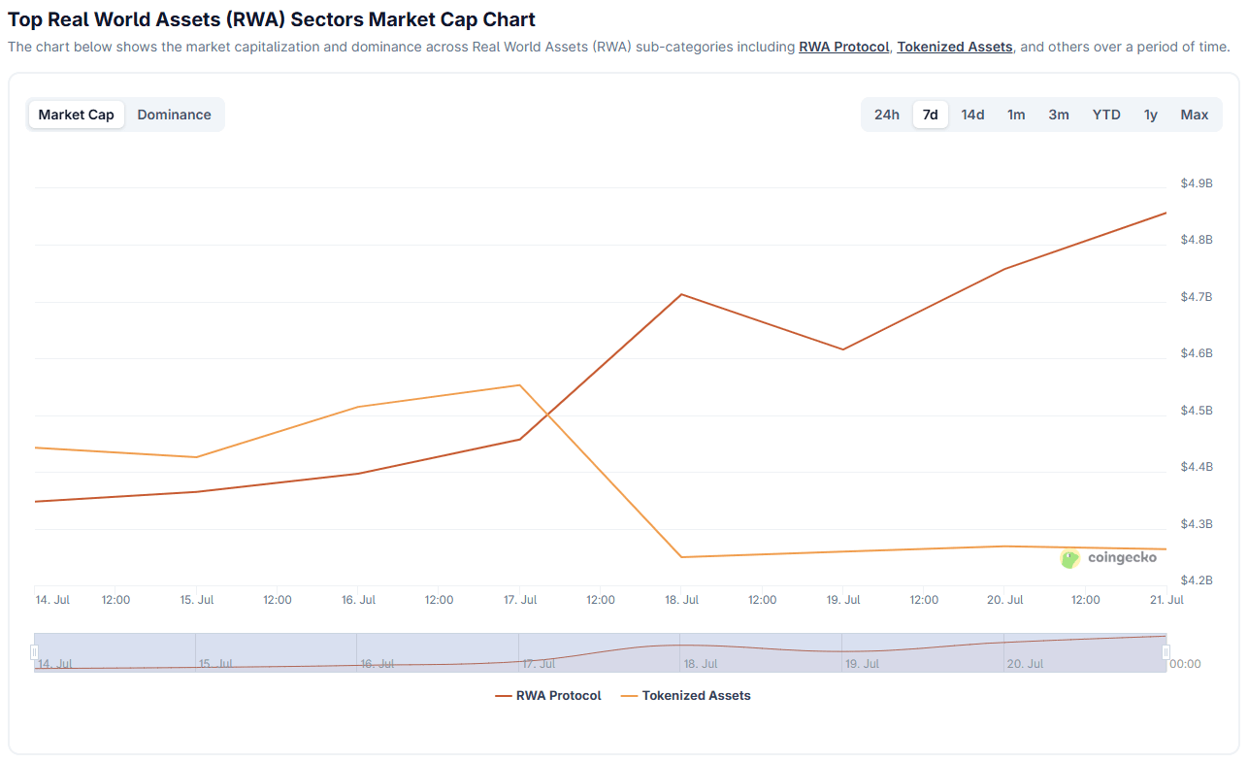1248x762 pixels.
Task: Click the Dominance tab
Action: coord(174,115)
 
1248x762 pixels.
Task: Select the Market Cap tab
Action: coord(77,115)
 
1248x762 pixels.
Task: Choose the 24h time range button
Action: coord(886,115)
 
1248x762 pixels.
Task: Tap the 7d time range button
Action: coord(930,115)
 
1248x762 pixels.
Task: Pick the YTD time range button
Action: coord(1106,115)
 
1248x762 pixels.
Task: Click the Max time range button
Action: coord(1194,115)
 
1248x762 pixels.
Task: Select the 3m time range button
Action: coord(1059,115)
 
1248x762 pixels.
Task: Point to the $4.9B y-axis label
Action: coord(1197,183)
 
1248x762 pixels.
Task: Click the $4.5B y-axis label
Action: coord(1197,411)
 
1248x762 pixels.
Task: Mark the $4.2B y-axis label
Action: coord(1197,580)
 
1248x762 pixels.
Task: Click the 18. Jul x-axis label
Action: coord(681,600)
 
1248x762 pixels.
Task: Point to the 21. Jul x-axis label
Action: coord(1166,600)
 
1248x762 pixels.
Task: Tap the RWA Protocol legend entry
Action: coord(548,696)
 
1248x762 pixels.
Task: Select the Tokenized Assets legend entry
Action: coord(685,696)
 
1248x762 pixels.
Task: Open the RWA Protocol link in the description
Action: coord(843,47)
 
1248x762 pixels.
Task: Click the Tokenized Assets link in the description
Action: coord(954,47)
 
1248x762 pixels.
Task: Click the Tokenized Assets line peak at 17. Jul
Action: coord(519,385)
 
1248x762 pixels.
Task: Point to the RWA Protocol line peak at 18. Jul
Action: coord(681,294)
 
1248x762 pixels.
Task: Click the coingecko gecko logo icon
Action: coord(1069,558)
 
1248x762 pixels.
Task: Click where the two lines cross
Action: coord(548,415)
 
